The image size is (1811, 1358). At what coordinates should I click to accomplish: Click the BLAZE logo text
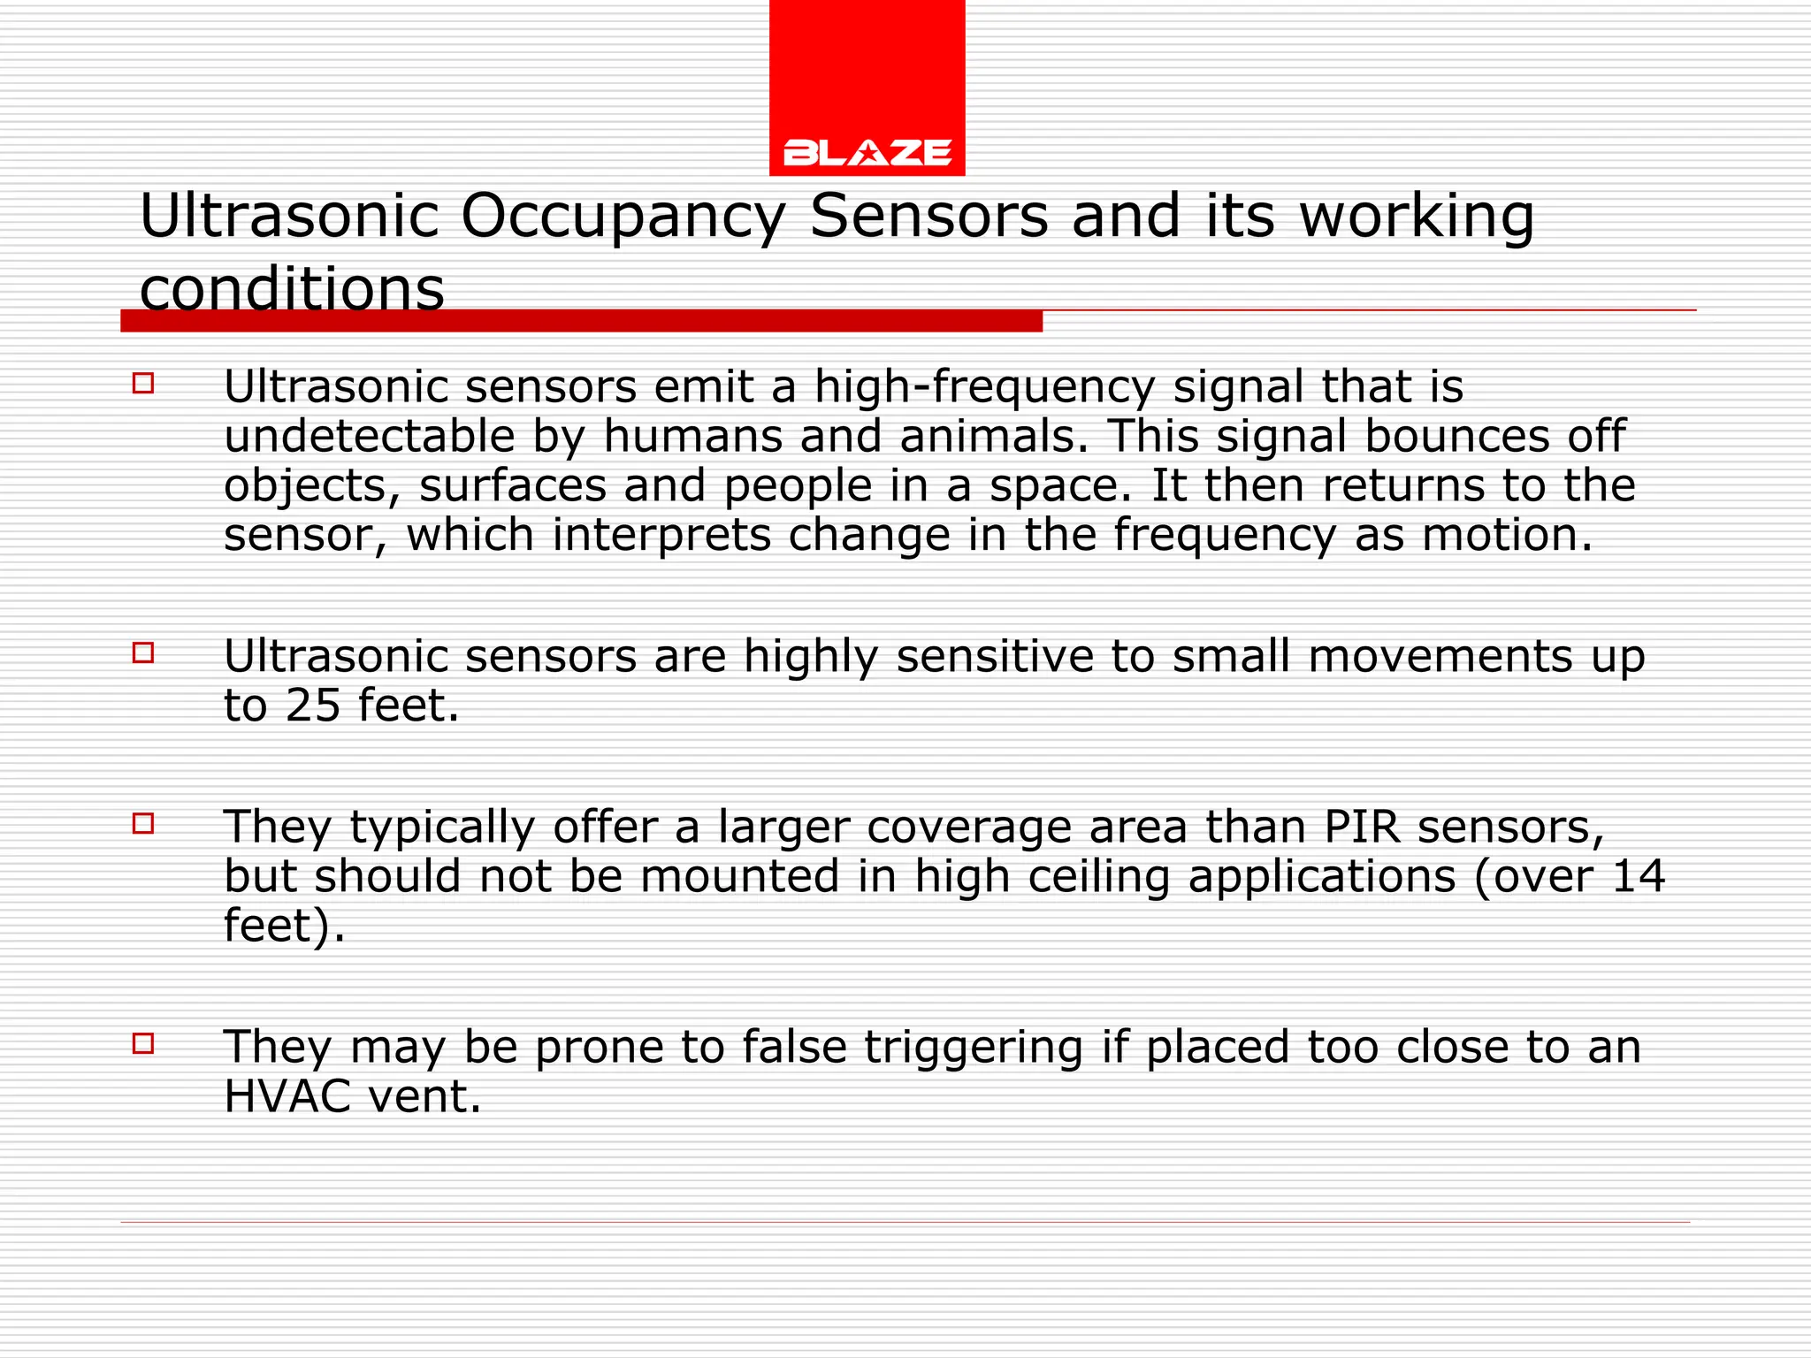(867, 153)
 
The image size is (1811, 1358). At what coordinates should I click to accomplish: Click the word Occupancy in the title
(623, 217)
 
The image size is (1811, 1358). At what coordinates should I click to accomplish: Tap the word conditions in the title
(292, 289)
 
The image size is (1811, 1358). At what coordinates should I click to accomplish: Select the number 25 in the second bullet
(313, 706)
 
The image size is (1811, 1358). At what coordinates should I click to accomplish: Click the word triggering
(974, 1048)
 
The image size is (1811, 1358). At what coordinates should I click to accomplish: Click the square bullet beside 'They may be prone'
(143, 1044)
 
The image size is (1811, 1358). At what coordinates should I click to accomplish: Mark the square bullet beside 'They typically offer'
(143, 824)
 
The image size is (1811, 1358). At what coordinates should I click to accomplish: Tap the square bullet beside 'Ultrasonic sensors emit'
(143, 384)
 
